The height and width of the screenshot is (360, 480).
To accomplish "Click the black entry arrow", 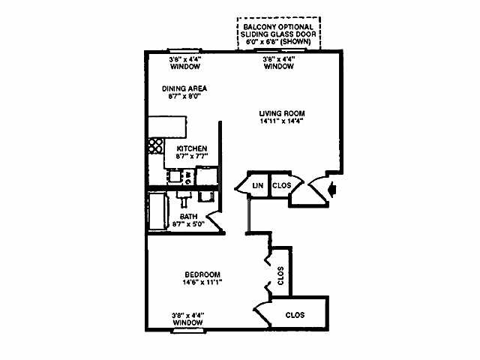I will point(333,191).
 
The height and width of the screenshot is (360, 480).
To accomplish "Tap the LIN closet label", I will point(257,185).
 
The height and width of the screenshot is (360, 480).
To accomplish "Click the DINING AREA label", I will point(184,88).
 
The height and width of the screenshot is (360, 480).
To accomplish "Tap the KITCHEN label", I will point(192,148).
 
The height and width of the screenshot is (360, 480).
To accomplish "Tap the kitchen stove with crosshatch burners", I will point(155,145).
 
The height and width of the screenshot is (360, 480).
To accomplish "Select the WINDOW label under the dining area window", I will point(184,66).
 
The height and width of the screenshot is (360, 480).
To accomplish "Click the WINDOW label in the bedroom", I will point(187,322).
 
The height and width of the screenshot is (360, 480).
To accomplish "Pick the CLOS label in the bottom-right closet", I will point(295,314).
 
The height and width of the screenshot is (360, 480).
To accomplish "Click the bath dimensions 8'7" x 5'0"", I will point(190,223).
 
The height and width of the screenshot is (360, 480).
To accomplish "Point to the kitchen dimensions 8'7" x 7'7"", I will point(192,157).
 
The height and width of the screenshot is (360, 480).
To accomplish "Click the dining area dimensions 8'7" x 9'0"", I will point(184,96).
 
